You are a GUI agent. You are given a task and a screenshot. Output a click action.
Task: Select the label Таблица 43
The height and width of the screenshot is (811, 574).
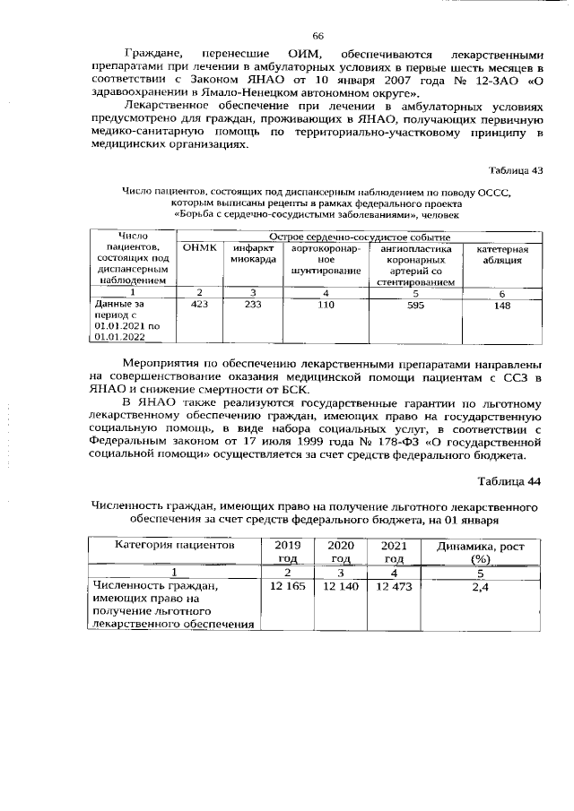pos(515,170)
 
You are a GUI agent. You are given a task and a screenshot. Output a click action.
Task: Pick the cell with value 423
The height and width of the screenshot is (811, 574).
pos(199,306)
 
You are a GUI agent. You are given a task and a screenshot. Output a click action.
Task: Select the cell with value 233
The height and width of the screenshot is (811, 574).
pos(252,306)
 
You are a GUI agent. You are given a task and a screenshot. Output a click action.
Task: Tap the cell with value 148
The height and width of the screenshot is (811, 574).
pos(502,306)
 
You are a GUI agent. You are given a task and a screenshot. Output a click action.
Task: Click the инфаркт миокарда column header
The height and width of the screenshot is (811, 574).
pos(252,254)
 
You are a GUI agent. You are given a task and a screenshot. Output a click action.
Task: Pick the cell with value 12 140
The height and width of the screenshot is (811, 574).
pos(341,585)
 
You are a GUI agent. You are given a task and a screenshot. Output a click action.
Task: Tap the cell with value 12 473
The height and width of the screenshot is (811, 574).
pos(394,585)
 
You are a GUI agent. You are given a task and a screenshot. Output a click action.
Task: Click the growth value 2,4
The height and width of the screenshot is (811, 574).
pos(479,585)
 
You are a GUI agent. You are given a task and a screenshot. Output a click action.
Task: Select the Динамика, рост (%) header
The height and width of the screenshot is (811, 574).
pos(479,550)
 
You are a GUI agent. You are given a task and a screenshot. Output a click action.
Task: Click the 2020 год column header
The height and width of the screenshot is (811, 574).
pos(341,550)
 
